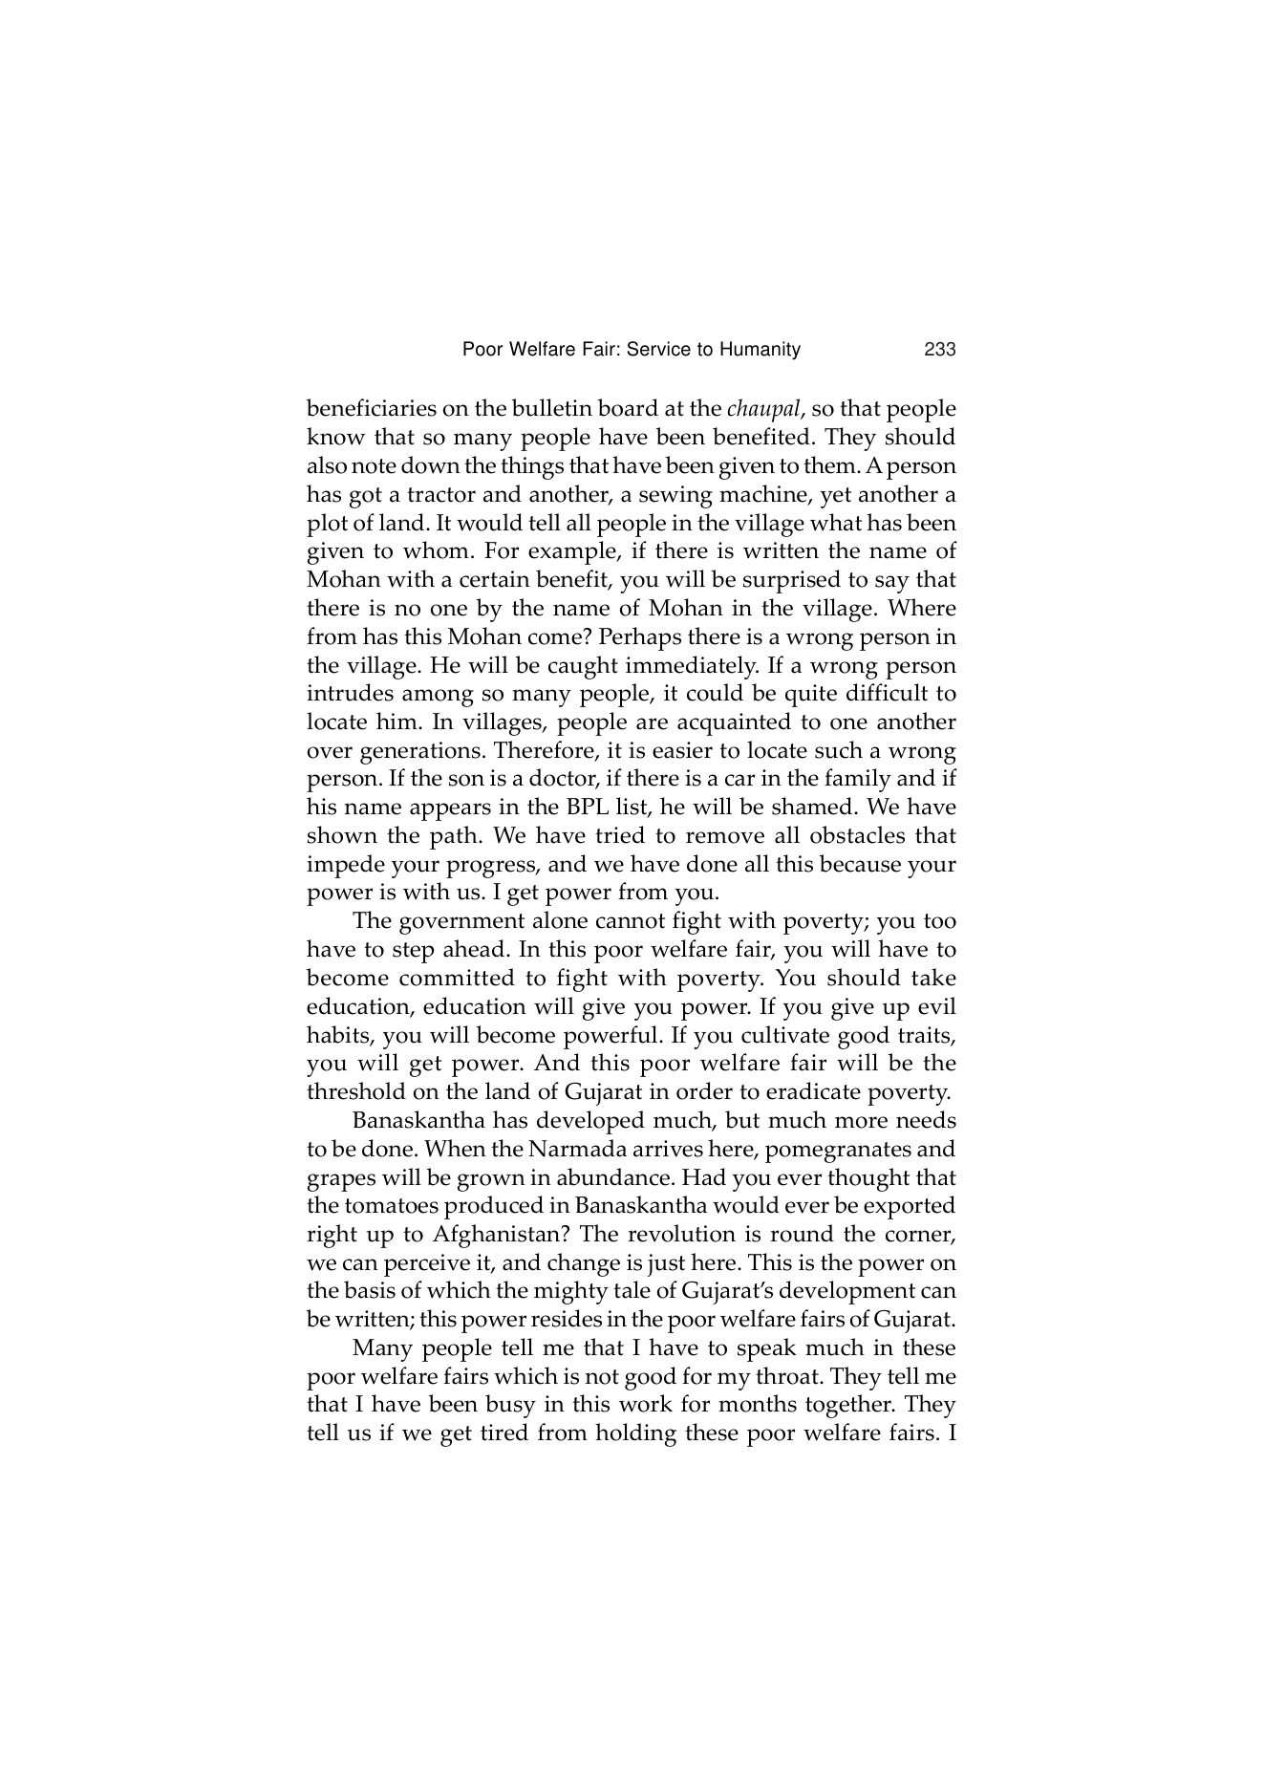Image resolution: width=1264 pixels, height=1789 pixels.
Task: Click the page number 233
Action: point(940,350)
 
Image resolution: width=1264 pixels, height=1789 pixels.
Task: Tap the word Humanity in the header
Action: point(762,350)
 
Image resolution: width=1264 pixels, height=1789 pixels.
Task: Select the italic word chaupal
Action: point(763,410)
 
